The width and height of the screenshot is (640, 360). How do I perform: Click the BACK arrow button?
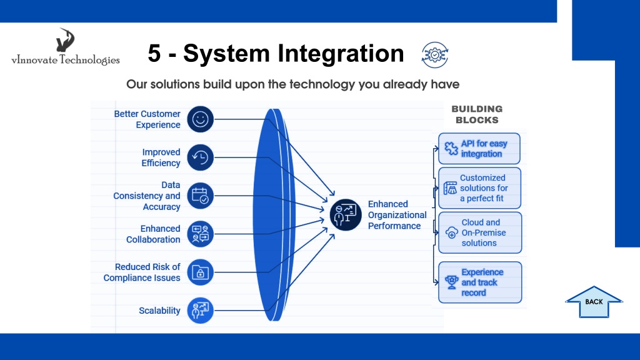click(594, 302)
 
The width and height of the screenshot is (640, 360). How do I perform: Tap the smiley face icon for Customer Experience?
click(201, 119)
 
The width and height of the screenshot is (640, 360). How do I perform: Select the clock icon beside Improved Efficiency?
click(201, 157)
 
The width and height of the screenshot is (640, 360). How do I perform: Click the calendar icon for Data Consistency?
click(201, 196)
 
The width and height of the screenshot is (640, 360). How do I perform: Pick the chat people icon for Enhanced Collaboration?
click(201, 234)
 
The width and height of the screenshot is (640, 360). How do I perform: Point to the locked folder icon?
click(201, 272)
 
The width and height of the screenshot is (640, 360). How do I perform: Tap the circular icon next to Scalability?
click(201, 311)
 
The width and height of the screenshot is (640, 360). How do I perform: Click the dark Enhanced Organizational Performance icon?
click(346, 215)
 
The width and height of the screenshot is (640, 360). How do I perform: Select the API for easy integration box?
click(479, 149)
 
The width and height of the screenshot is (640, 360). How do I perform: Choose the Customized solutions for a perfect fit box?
click(479, 188)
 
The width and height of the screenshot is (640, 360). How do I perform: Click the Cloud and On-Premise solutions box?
click(480, 232)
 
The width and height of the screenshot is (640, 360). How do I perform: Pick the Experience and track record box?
click(480, 282)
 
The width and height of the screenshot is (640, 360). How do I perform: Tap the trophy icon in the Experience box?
click(452, 282)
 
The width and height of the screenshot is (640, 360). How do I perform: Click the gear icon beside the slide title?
click(435, 55)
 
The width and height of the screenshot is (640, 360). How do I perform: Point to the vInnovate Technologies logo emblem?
click(65, 40)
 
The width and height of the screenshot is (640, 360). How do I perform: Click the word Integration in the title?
click(341, 54)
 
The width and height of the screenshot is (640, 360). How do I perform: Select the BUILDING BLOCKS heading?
click(477, 114)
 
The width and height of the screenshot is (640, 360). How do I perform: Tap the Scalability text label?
click(159, 311)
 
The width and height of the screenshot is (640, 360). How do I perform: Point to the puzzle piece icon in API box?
click(451, 149)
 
